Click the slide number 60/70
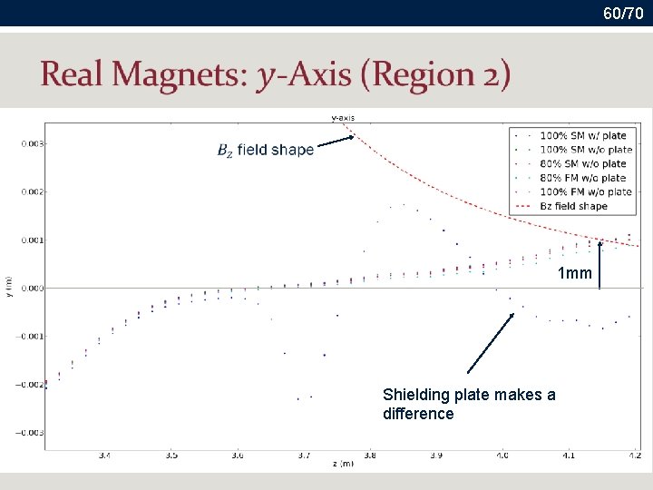coord(625,14)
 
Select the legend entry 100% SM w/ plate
coord(582,136)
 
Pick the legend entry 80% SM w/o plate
coord(582,164)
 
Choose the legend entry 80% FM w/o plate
coord(582,178)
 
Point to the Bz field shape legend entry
coord(573,206)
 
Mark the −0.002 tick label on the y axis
coord(31,385)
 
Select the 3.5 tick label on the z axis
coord(171,456)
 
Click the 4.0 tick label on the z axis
coord(502,456)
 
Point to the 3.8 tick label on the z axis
coord(369,456)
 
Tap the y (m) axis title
coord(8,286)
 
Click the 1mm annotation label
coord(574,273)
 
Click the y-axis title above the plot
coord(343,117)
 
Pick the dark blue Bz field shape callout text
coord(265,150)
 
